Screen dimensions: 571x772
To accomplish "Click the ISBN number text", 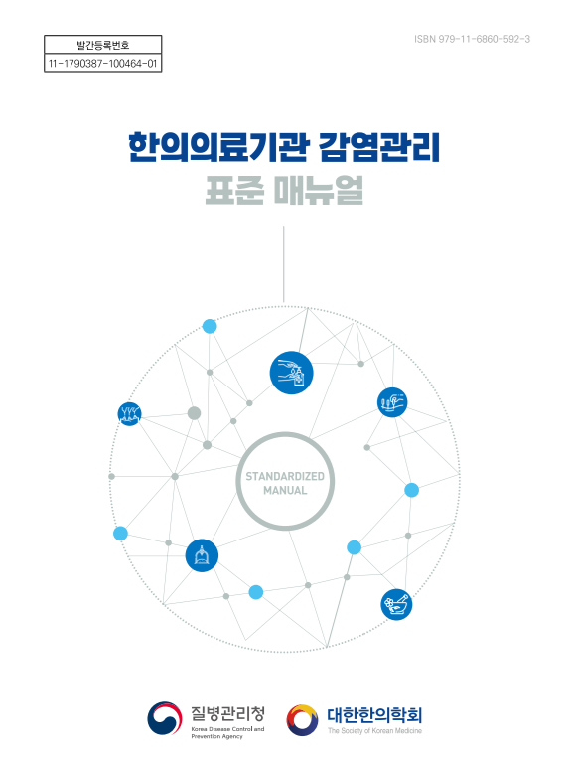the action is point(472,39).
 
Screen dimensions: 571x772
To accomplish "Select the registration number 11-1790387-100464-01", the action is point(103,63).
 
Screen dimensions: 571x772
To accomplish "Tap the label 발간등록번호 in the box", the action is point(103,46).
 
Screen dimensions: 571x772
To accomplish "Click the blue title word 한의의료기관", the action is point(219,147).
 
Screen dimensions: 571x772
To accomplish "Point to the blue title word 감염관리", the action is point(379,147).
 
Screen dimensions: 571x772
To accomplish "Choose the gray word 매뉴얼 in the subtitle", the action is point(319,190).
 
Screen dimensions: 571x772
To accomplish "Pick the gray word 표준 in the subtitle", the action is point(234,190).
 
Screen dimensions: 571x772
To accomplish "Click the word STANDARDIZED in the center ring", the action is point(285,476).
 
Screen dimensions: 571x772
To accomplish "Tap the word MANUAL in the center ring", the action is point(285,491).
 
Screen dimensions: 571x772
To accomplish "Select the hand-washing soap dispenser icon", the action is point(291,373).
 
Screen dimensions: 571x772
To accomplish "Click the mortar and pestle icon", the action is point(396,604).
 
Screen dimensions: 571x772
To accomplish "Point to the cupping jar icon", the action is point(202,555).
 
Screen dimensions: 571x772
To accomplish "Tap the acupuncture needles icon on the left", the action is point(129,413).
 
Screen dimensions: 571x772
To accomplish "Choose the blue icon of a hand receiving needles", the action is point(392,402).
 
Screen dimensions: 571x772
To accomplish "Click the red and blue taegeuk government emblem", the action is point(165,718).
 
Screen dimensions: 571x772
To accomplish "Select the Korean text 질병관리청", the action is point(228,713).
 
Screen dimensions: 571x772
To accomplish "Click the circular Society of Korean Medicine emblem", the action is point(302,719).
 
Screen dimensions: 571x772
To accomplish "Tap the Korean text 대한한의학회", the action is point(374,715).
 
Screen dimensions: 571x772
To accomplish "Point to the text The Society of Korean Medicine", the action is point(375,731).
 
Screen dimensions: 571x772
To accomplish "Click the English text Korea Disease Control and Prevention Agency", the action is point(228,732).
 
